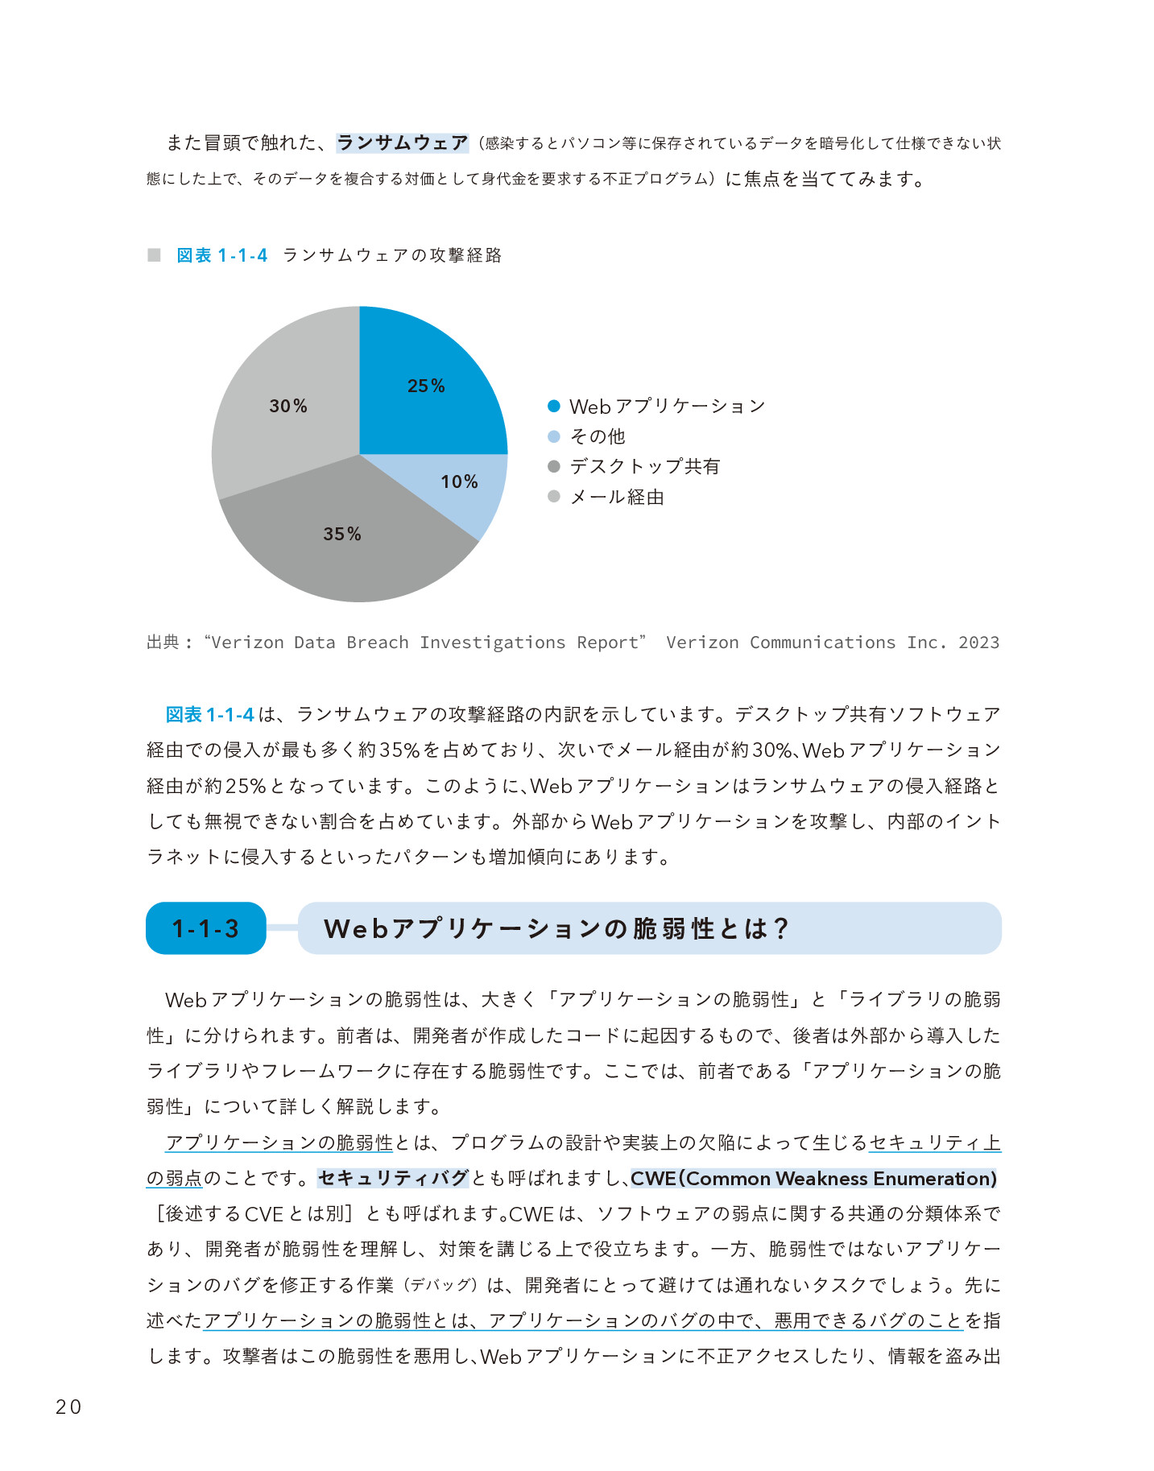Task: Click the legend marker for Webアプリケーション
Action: click(x=553, y=406)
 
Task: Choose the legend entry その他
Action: click(x=597, y=436)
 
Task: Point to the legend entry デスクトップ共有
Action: click(x=644, y=466)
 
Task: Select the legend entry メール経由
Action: click(x=617, y=497)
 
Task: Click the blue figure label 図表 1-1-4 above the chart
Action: click(x=221, y=255)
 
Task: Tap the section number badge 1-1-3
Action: click(x=205, y=928)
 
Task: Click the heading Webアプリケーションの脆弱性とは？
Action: click(x=556, y=928)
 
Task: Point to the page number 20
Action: click(x=68, y=1407)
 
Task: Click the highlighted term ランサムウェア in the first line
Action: click(x=402, y=143)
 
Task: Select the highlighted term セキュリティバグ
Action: click(x=393, y=1178)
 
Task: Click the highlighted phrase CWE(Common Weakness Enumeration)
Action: click(x=813, y=1178)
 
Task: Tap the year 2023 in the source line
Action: click(x=978, y=643)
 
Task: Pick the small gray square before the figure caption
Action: click(x=154, y=255)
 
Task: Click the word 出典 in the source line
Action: click(x=163, y=643)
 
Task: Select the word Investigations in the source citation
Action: click(x=492, y=643)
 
